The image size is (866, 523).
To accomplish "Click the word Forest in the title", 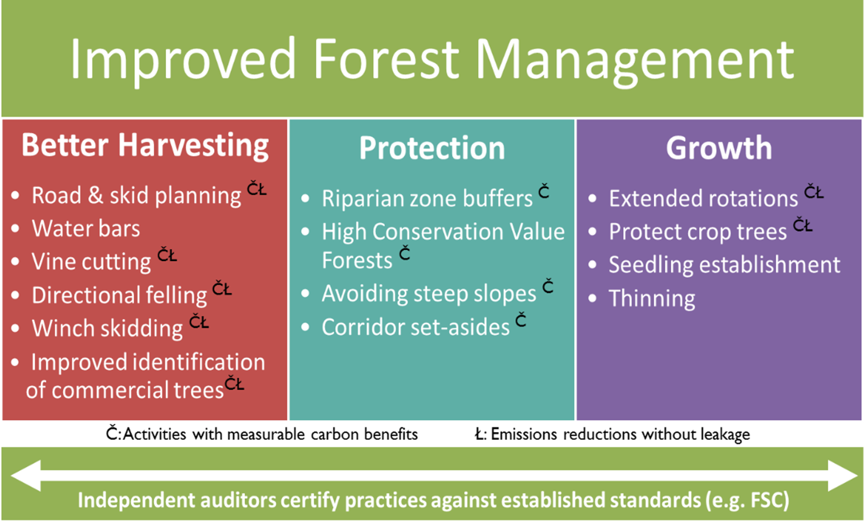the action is (386, 59).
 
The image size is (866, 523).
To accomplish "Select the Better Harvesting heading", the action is (145, 146).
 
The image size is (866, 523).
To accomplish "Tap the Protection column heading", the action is (432, 148).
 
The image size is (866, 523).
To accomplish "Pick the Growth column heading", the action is (719, 148).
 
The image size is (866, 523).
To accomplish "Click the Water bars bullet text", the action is (86, 228).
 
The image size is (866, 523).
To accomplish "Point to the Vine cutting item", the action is (92, 262).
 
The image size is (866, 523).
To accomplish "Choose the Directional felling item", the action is (120, 296).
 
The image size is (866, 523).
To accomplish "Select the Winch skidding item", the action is (107, 329).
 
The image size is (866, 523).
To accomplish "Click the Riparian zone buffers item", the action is (427, 199).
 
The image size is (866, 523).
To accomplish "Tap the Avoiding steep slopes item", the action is (429, 294).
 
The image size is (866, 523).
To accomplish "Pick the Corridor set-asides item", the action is (415, 327).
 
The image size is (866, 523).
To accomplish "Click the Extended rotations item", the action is (703, 198).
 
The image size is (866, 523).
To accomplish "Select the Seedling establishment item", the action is (725, 265).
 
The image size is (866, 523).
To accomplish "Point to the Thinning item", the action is (652, 298).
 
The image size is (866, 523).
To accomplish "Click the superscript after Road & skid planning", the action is (257, 188).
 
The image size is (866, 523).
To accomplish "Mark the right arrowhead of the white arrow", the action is (843, 476).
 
